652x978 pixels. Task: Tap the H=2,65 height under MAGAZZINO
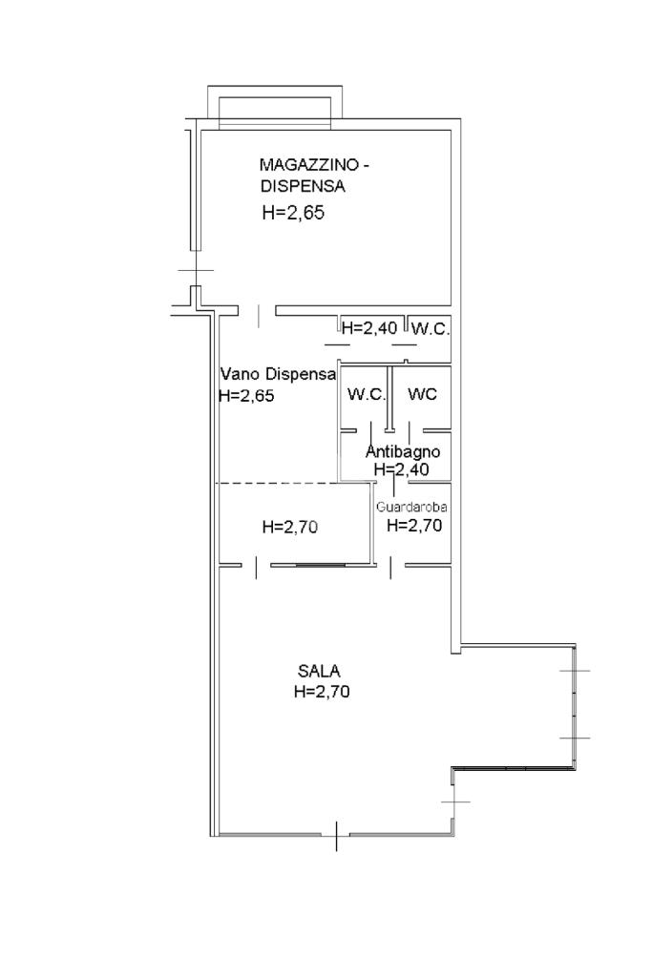pyautogui.click(x=293, y=213)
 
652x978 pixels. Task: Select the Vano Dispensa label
pyautogui.click(x=279, y=374)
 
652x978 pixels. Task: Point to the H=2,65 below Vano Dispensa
pyautogui.click(x=246, y=395)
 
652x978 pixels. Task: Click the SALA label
pyautogui.click(x=319, y=671)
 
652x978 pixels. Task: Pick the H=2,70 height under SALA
pyautogui.click(x=322, y=691)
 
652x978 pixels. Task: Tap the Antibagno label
pyautogui.click(x=403, y=451)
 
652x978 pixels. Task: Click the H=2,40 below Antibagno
pyautogui.click(x=401, y=469)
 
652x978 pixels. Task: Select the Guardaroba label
pyautogui.click(x=411, y=507)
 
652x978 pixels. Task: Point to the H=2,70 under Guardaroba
pyautogui.click(x=414, y=525)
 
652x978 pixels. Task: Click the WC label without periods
pyautogui.click(x=422, y=393)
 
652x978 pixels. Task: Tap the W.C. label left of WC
pyautogui.click(x=367, y=394)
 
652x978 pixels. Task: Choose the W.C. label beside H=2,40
pyautogui.click(x=431, y=328)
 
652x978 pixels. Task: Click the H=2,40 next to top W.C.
pyautogui.click(x=369, y=327)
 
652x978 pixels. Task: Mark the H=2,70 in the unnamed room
pyautogui.click(x=290, y=527)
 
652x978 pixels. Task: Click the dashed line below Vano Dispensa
pyautogui.click(x=277, y=484)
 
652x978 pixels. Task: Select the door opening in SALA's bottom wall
pyautogui.click(x=336, y=836)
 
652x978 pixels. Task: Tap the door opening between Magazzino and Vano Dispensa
pyautogui.click(x=259, y=310)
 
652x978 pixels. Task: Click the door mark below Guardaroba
pyautogui.click(x=391, y=567)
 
